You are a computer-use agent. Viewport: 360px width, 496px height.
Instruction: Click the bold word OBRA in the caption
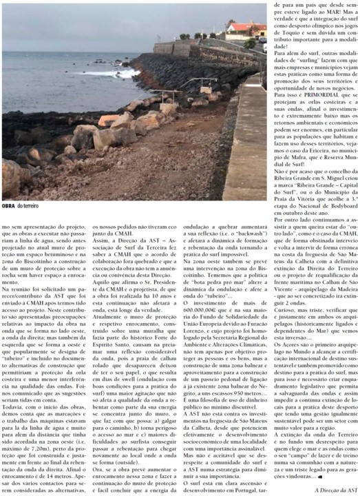point(9,205)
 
